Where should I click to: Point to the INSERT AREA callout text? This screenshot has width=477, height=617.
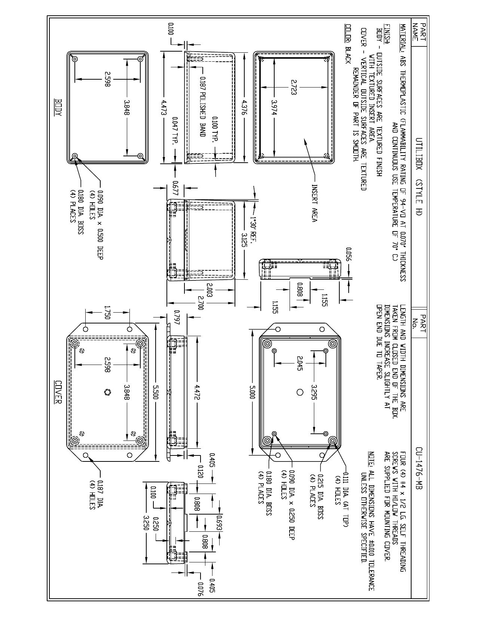(x=315, y=203)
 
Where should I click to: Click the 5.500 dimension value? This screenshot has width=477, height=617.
(x=155, y=392)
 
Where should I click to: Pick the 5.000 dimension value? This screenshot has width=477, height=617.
(x=252, y=392)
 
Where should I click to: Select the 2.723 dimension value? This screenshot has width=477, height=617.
(x=294, y=87)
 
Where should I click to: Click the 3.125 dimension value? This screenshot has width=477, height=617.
(x=244, y=240)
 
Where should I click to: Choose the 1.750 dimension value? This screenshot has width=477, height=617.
(x=107, y=312)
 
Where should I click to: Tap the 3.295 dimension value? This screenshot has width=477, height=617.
(x=314, y=392)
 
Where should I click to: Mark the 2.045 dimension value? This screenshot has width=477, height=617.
(x=299, y=363)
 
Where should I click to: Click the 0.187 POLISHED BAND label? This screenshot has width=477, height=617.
(x=202, y=107)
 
